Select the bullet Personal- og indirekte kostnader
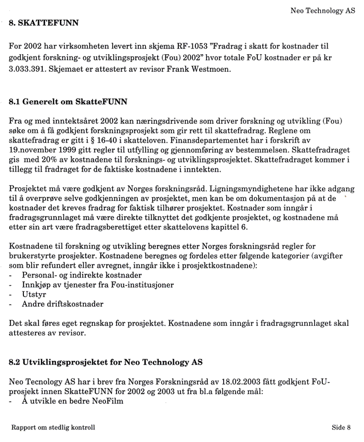[x=82, y=275]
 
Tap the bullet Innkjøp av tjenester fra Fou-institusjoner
[x=98, y=285]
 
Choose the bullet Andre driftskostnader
[x=62, y=304]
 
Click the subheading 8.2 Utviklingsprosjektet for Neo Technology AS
[x=106, y=361]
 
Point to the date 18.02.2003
[x=217, y=381]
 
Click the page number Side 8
[x=341, y=428]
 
